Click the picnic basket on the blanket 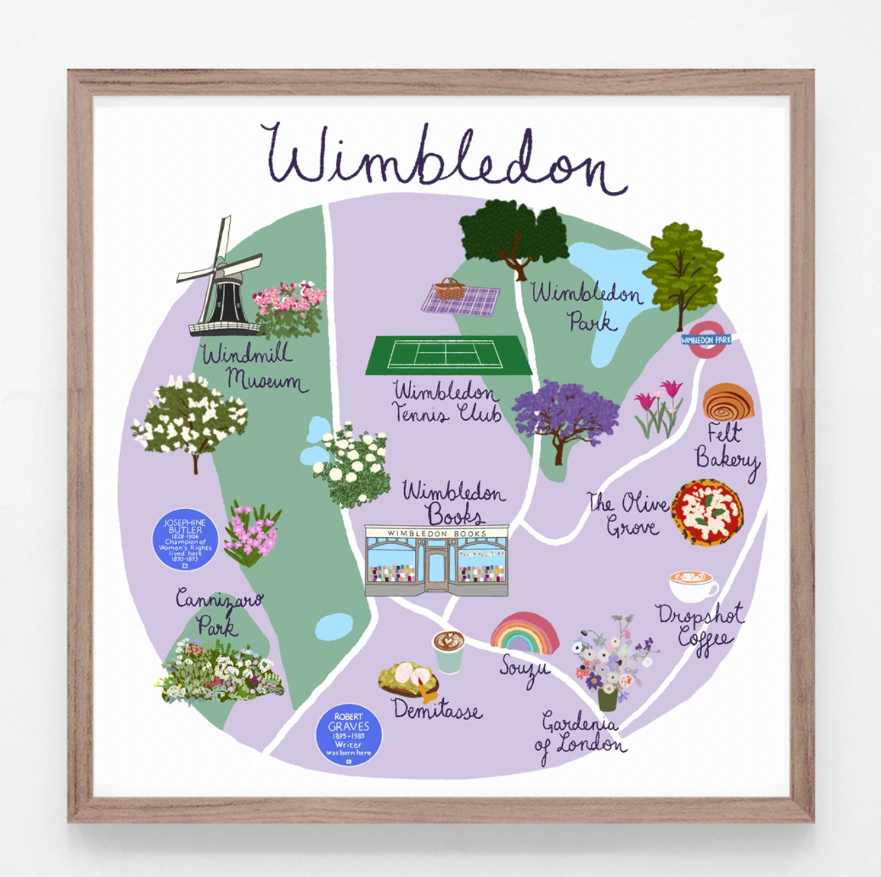click(x=450, y=289)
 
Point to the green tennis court click(x=448, y=354)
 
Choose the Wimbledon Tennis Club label click(x=447, y=402)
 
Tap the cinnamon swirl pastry click(x=727, y=402)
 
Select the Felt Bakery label click(x=726, y=446)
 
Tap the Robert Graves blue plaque click(x=349, y=735)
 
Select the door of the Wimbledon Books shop click(x=437, y=568)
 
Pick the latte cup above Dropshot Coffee click(x=692, y=586)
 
